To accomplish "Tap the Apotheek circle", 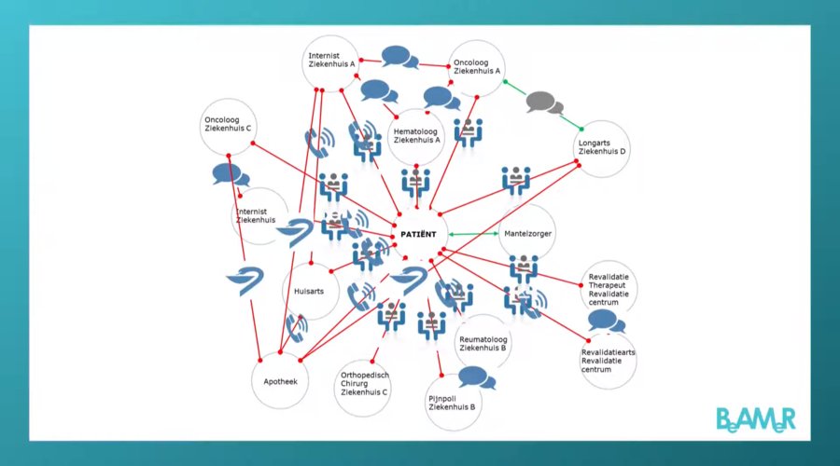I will pyautogui.click(x=280, y=381).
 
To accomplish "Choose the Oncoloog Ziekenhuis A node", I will pyautogui.click(x=477, y=68).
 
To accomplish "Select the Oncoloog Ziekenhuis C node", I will pyautogui.click(x=228, y=126).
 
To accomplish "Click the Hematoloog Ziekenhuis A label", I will pyautogui.click(x=416, y=136).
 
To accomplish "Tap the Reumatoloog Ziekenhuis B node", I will pyautogui.click(x=483, y=342).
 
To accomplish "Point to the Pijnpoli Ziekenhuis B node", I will pyautogui.click(x=453, y=403).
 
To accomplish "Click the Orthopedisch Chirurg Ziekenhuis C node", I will pyautogui.click(x=365, y=384).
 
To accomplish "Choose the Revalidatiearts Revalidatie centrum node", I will pyautogui.click(x=608, y=360).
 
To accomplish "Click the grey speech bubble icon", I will pyautogui.click(x=544, y=102).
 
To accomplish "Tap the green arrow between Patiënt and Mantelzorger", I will pyautogui.click(x=471, y=234).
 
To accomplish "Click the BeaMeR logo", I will pyautogui.click(x=756, y=418).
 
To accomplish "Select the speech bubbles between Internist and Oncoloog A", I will pyautogui.click(x=399, y=58).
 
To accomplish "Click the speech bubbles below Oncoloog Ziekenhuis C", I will pyautogui.click(x=230, y=174).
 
